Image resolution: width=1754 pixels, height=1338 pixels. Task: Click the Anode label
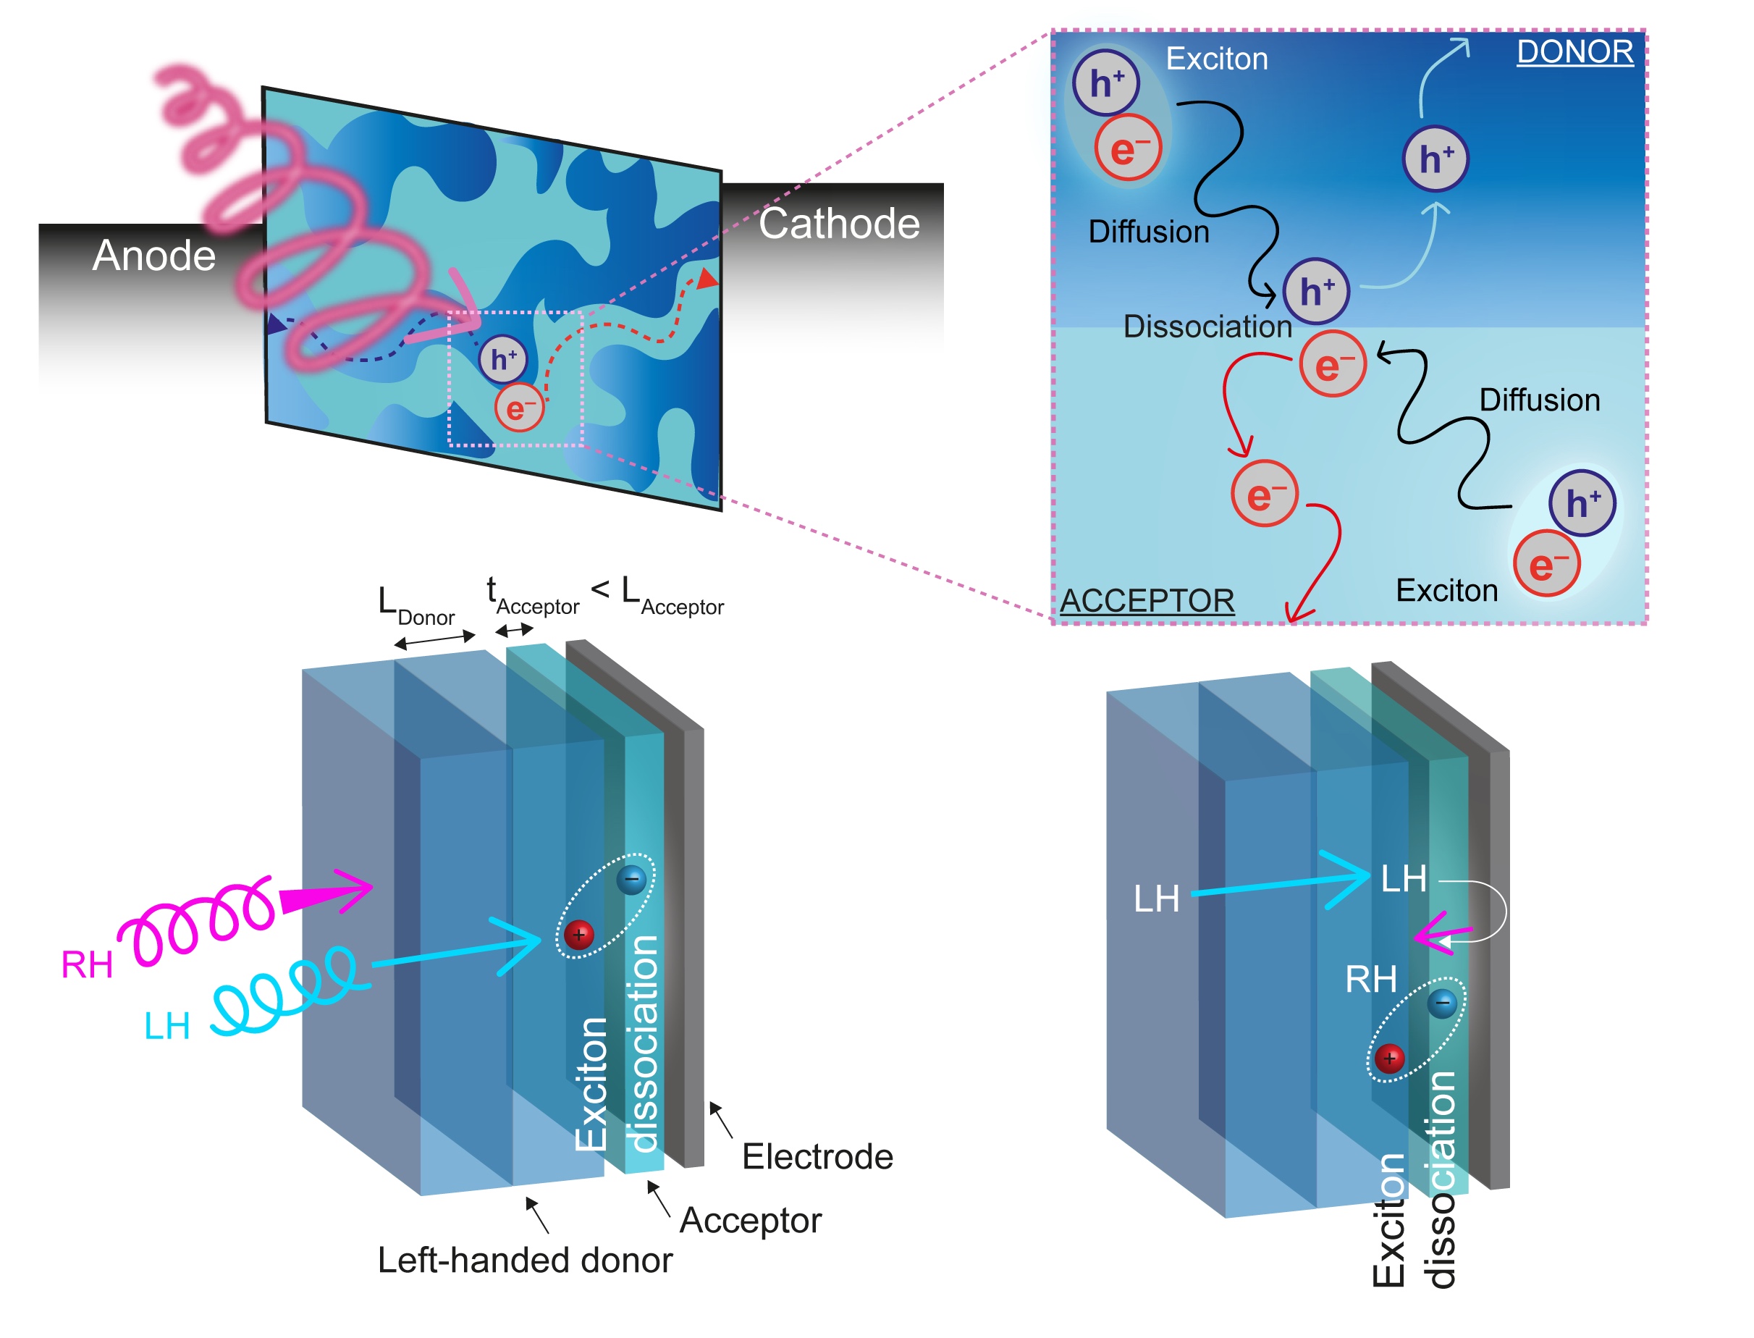point(153,255)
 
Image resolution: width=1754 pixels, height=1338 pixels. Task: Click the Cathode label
point(838,223)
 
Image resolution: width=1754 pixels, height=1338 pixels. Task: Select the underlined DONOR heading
point(1574,52)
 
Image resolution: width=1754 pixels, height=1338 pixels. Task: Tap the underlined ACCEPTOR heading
point(1147,600)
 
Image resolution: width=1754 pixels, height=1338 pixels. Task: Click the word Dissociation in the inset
point(1207,327)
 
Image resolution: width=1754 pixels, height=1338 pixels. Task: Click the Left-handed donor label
point(525,1260)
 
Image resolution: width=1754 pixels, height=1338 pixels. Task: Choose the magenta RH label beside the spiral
point(87,965)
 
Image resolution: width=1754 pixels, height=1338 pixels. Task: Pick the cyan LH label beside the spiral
point(166,1026)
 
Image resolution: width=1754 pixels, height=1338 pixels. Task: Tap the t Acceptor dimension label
point(532,597)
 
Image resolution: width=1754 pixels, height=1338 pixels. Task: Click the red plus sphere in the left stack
point(579,934)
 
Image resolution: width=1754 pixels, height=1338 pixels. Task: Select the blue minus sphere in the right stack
point(1442,1003)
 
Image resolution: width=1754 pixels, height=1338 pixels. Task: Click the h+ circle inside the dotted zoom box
point(502,359)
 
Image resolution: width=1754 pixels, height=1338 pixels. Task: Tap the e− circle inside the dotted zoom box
point(518,408)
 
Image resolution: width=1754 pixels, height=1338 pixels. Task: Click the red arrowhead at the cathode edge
point(707,279)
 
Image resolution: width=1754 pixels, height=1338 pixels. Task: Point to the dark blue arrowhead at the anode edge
point(277,324)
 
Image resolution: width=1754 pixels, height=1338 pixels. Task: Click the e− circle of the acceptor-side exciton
point(1546,564)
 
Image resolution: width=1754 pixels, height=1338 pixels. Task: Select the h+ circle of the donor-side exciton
point(1105,83)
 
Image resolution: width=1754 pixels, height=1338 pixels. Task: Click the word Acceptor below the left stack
point(750,1220)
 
